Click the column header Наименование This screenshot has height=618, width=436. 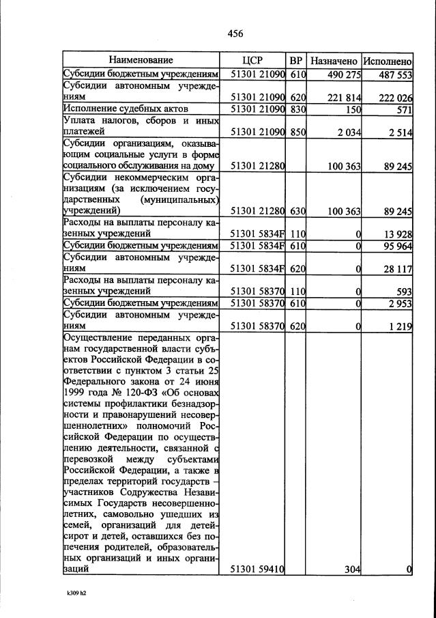coord(141,60)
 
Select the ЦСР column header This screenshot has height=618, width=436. coord(252,60)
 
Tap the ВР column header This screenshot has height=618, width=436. coord(296,60)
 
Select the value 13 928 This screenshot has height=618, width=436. coord(398,234)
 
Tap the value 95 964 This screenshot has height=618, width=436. coord(398,246)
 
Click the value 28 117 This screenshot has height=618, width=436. coord(398,269)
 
